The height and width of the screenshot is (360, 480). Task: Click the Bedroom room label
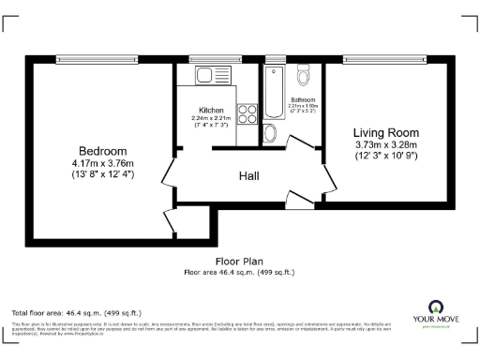click(103, 151)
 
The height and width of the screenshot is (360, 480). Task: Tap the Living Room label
click(385, 132)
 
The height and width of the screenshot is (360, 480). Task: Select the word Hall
click(247, 175)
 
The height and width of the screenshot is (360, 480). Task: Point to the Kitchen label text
click(210, 110)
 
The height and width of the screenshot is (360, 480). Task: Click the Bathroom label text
click(302, 99)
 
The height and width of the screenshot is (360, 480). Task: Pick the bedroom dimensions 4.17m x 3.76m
click(103, 163)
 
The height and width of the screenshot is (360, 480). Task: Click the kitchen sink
click(205, 74)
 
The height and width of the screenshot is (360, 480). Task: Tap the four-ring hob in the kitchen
click(248, 114)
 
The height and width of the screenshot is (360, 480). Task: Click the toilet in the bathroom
click(303, 75)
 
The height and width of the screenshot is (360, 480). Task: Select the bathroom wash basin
click(271, 133)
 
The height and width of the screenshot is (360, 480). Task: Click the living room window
click(385, 58)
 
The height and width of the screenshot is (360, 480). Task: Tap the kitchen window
click(207, 58)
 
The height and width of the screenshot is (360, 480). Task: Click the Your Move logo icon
click(437, 307)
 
